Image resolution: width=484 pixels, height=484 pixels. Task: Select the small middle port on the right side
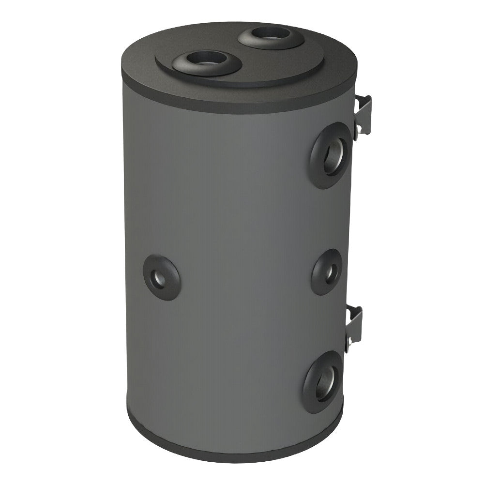tap(327, 272)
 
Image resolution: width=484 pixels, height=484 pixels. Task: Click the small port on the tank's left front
tap(161, 277)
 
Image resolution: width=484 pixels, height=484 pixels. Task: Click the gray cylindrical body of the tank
tap(232, 218)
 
